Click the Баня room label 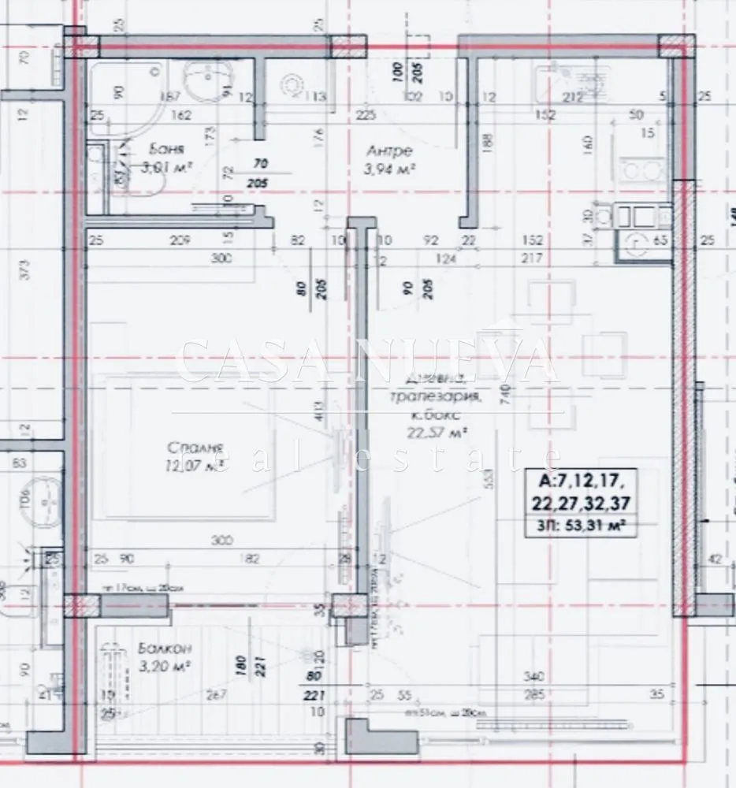(167, 150)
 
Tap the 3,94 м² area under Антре (388, 168)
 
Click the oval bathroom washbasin (206, 79)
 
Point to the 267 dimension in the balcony (215, 694)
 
